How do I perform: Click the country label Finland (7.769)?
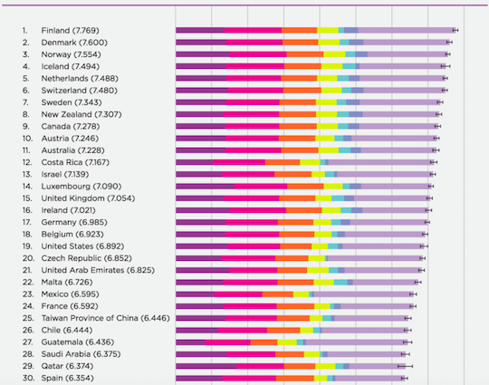click(70, 30)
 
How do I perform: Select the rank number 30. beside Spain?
click(28, 378)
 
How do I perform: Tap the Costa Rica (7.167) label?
click(75, 162)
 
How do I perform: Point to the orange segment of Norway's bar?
click(305, 54)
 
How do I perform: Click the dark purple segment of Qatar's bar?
click(206, 366)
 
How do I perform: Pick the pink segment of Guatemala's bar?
click(227, 342)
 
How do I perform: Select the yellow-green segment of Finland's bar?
click(328, 30)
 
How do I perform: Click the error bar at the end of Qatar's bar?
click(405, 366)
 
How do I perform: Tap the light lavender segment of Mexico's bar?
click(364, 294)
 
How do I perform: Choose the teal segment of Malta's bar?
click(340, 283)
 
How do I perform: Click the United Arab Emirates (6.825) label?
click(98, 270)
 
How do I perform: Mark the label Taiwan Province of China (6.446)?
click(106, 318)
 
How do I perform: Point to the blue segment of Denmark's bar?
click(356, 43)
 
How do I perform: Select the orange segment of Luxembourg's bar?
click(305, 187)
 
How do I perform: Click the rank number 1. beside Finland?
click(25, 30)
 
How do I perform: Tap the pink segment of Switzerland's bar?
click(255, 91)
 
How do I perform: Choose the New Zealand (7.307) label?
click(81, 114)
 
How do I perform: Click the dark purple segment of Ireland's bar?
click(203, 210)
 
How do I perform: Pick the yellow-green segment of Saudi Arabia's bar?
click(312, 354)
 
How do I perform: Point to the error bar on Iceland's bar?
click(446, 66)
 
